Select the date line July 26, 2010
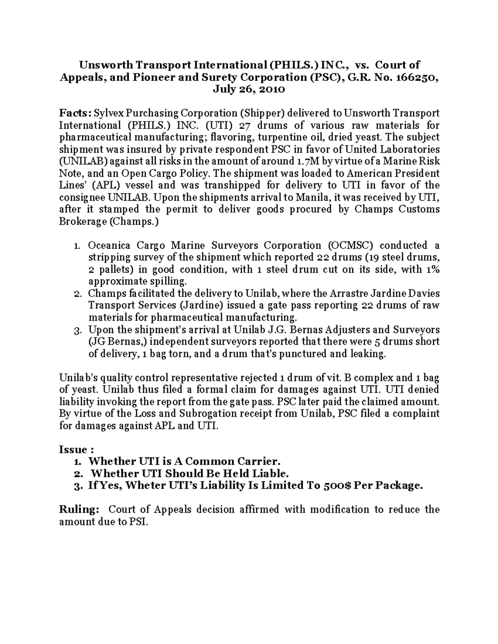249,89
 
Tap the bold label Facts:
75,113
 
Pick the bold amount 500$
337,486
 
